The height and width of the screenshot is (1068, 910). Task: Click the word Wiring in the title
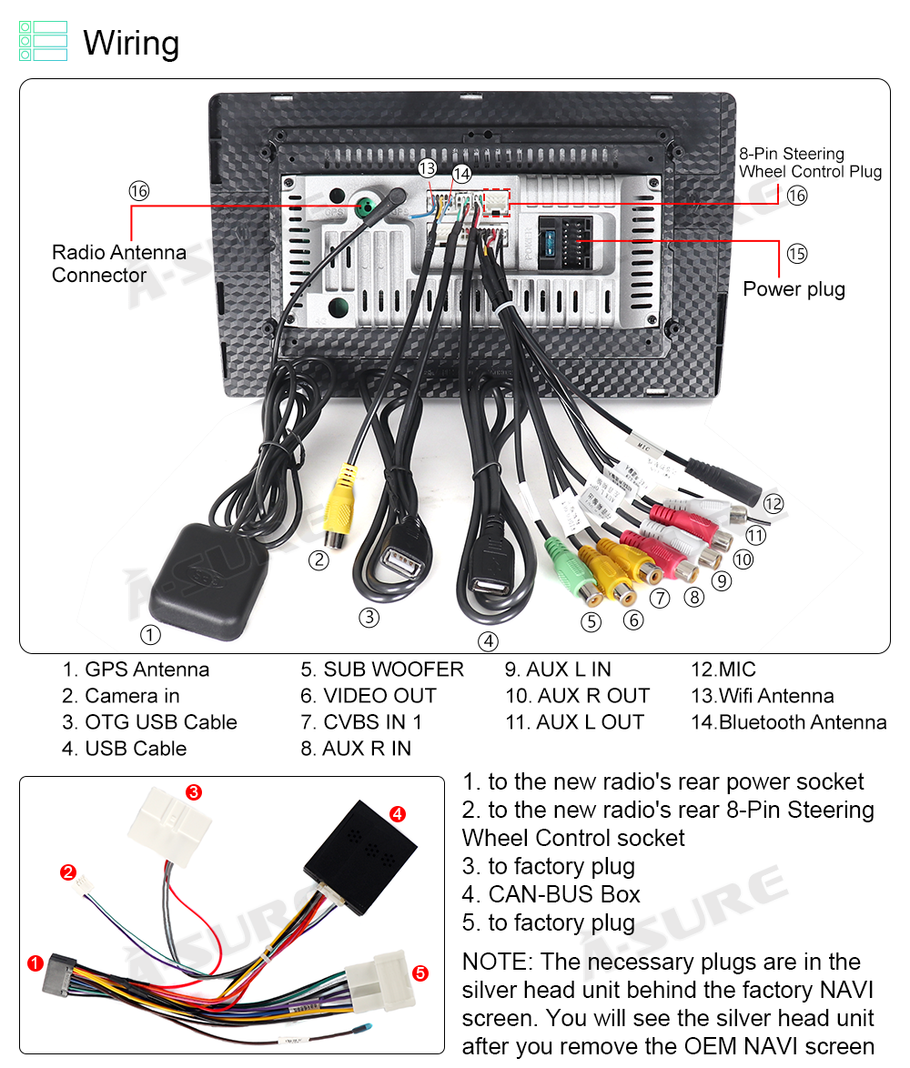pos(131,43)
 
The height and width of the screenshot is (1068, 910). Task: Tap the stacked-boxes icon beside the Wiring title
pos(43,42)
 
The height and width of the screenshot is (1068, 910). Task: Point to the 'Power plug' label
pos(794,289)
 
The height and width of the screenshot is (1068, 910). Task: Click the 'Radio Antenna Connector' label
pos(118,264)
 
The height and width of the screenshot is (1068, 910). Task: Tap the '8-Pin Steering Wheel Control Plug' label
pos(810,163)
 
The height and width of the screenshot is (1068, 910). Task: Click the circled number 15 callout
pos(797,254)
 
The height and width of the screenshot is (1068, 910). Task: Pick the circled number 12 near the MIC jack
pos(773,504)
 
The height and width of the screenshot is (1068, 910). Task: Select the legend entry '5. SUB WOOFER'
pos(382,670)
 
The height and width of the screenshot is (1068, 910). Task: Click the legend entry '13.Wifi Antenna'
pos(762,696)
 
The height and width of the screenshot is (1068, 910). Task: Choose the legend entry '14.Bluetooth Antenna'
pos(788,722)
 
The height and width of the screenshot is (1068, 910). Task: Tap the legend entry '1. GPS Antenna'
pos(136,670)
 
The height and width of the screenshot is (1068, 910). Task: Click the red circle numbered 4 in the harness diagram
pos(398,814)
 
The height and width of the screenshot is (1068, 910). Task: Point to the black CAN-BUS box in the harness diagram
pos(359,842)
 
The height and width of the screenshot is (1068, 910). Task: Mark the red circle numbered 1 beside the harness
pos(35,962)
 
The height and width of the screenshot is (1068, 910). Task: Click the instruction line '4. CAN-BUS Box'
pos(551,894)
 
